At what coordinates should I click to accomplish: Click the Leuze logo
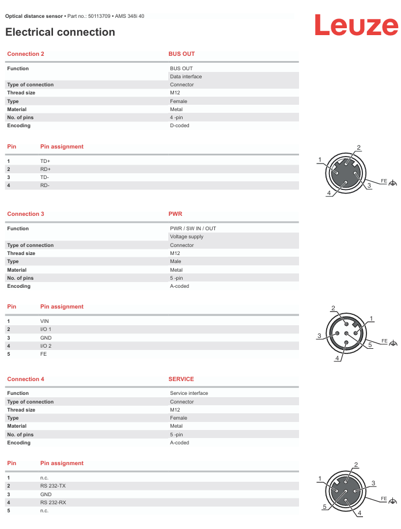355,25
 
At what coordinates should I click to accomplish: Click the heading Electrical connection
60,32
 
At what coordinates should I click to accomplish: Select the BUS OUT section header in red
181,54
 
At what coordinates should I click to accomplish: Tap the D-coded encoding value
179,125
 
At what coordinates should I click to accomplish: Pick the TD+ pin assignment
45,161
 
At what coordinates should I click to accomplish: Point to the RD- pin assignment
44,185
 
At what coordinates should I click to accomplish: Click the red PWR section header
175,214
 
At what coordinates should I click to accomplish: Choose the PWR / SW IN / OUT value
193,229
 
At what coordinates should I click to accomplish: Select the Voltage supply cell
186,237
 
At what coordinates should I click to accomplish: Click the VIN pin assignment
44,321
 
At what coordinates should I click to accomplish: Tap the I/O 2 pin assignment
46,345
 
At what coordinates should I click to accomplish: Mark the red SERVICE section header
181,379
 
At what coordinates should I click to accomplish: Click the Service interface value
189,393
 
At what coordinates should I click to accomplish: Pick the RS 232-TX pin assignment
52,486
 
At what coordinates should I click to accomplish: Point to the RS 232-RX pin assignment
53,502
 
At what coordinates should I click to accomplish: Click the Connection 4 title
25,379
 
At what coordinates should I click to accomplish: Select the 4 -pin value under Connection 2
176,117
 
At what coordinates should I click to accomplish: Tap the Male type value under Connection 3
175,261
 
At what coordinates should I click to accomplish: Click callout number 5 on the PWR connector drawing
370,345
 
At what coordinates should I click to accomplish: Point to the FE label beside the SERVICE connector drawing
384,498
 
